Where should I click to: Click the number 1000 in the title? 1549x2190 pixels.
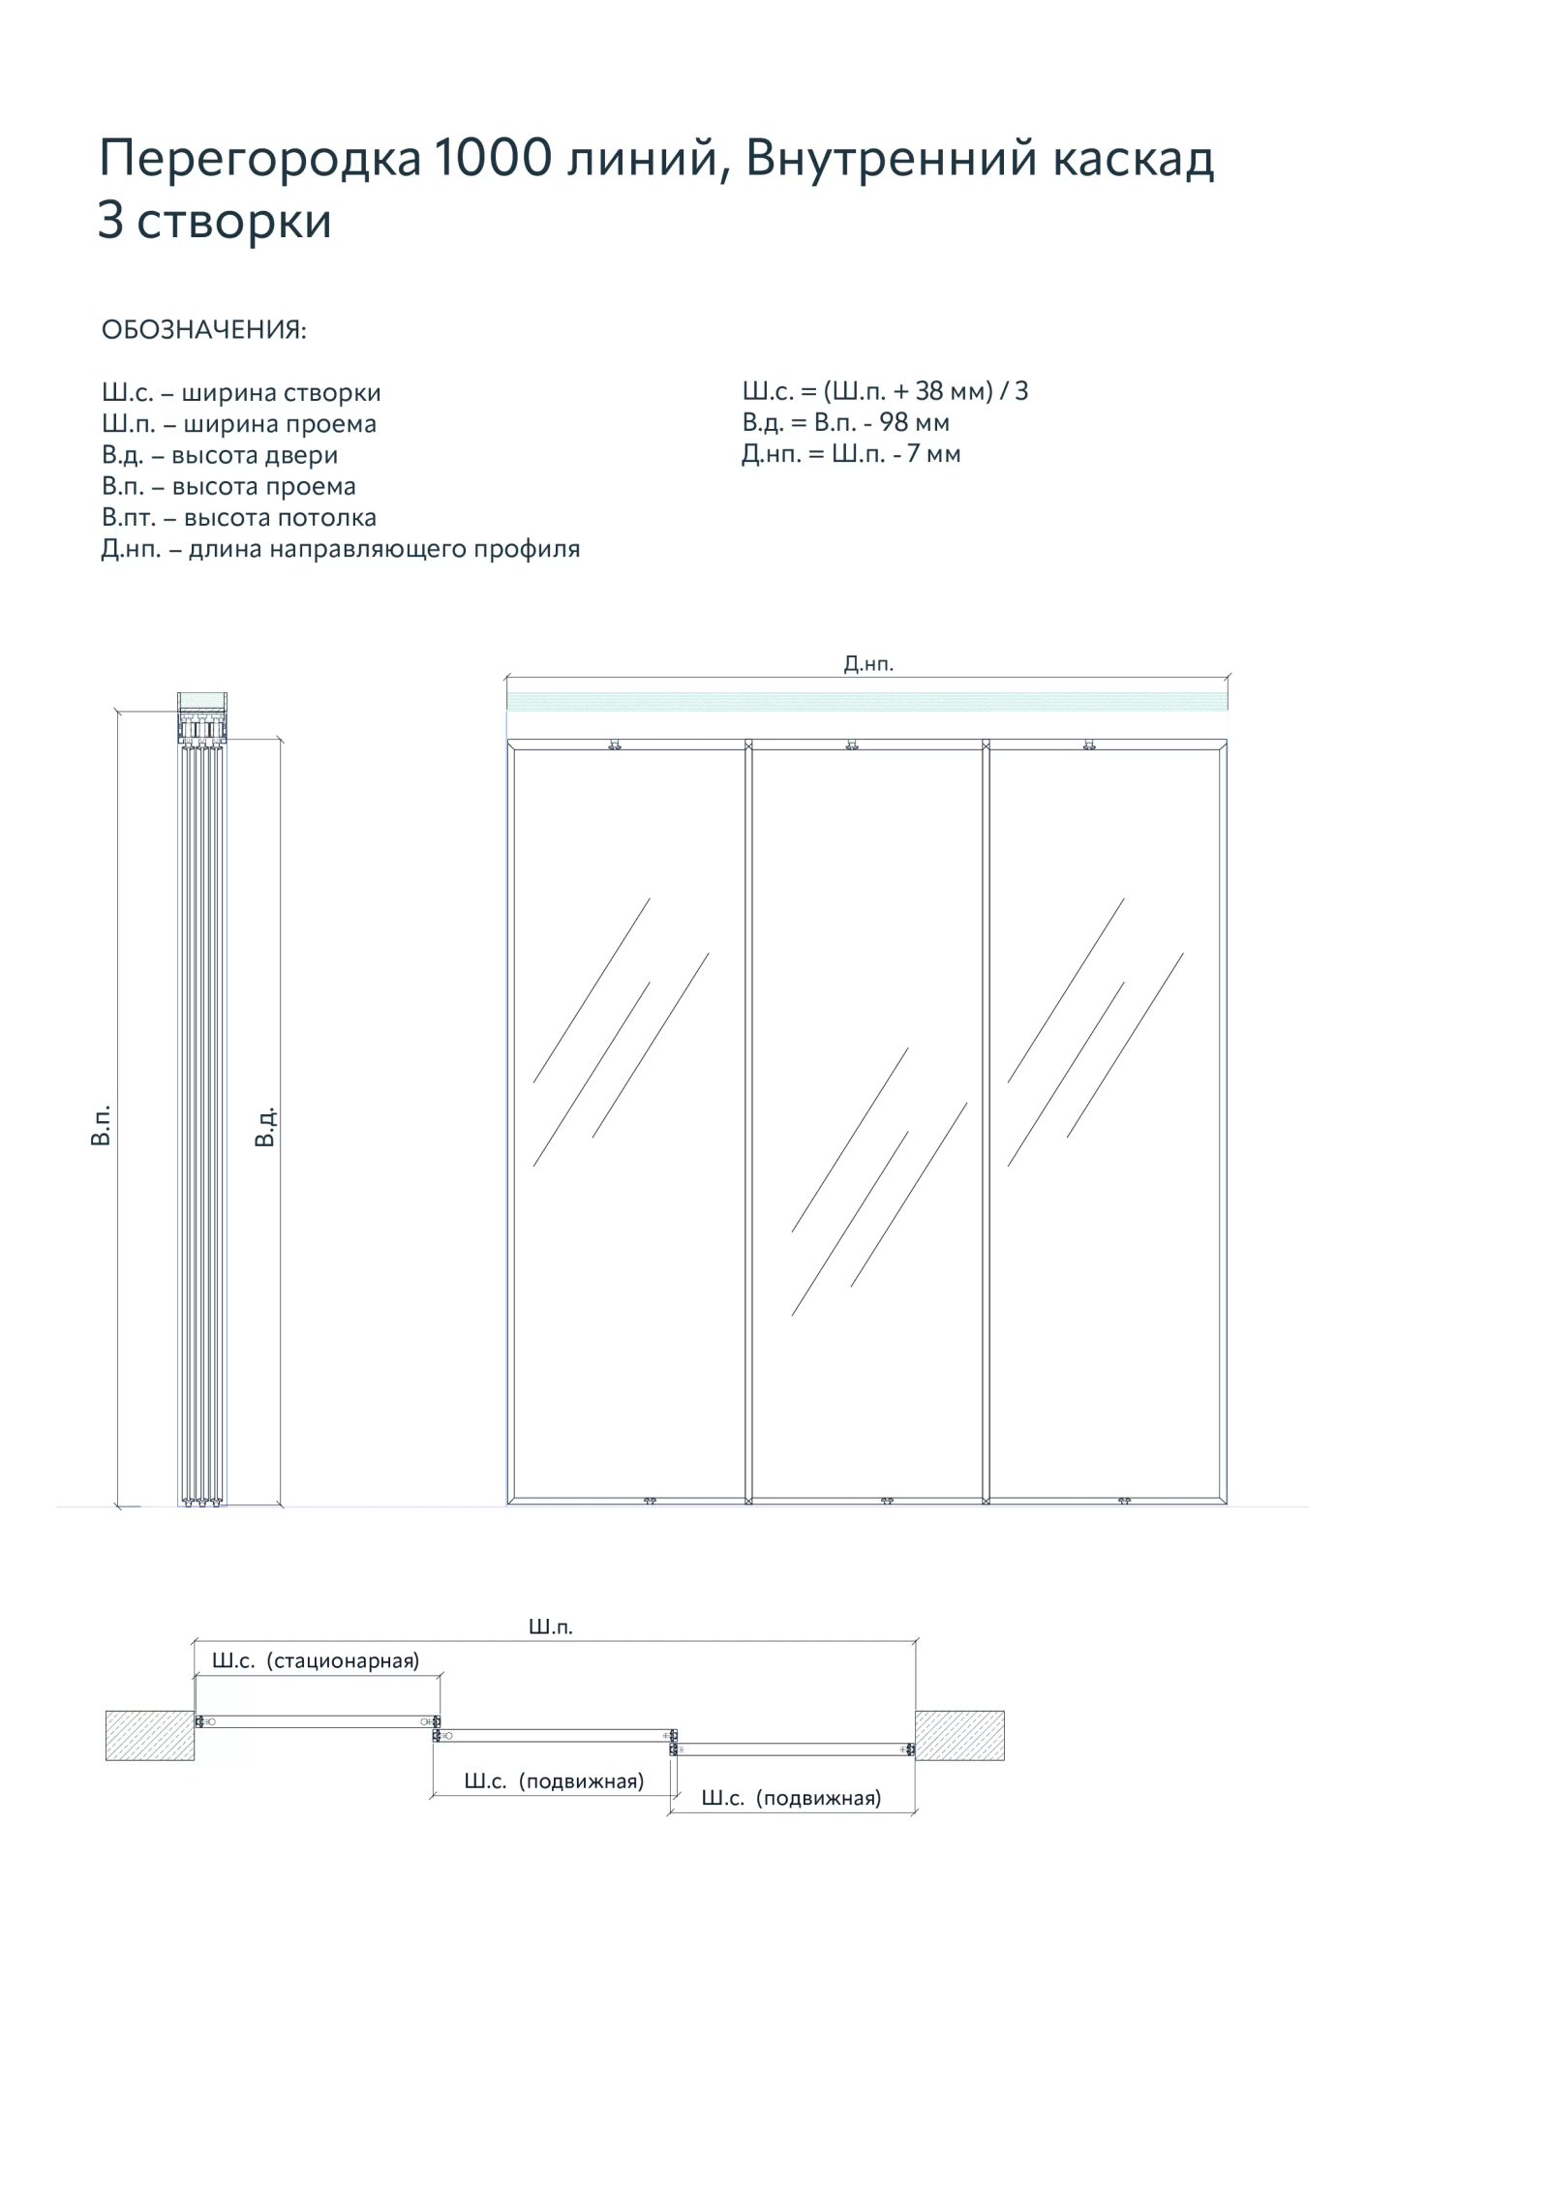coord(492,158)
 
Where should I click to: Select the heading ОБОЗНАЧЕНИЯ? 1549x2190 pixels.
coord(204,330)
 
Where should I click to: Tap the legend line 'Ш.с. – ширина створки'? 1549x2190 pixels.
coord(241,392)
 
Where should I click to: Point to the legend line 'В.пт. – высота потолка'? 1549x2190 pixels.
coord(239,517)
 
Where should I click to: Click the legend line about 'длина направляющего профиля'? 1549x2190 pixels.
coord(341,549)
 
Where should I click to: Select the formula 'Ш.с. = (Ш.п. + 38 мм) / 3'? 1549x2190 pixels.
coord(885,391)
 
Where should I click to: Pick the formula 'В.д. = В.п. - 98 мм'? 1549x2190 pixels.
coord(845,422)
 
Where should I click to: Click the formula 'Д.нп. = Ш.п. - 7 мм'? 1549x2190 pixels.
coord(851,454)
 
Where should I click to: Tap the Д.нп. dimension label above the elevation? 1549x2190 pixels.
coord(868,663)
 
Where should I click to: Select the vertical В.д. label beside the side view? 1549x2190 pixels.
coord(264,1126)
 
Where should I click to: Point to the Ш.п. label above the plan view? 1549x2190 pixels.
coord(551,1627)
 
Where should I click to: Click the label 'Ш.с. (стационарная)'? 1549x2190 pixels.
coord(316,1661)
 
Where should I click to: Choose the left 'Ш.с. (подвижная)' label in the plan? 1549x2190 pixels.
coord(554,1781)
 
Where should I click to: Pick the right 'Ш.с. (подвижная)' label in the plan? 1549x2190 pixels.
coord(791,1798)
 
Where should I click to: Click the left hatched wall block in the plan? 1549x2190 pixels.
coord(150,1735)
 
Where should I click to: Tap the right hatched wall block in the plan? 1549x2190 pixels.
coord(959,1735)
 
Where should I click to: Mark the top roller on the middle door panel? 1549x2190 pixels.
coord(852,745)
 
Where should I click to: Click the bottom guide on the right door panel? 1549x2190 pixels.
coord(1124,1501)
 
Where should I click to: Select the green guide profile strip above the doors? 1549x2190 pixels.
coord(867,702)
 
